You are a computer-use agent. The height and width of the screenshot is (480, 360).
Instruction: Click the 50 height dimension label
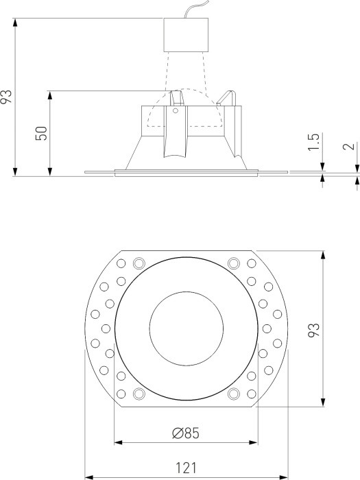pyautogui.click(x=42, y=133)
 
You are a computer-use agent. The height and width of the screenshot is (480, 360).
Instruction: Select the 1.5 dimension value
pyautogui.click(x=314, y=142)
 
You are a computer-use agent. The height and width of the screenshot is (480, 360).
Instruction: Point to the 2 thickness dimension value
pyautogui.click(x=349, y=146)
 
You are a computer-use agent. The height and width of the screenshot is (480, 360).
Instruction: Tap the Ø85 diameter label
pyautogui.click(x=186, y=432)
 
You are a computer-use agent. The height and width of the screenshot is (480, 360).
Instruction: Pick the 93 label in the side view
pyautogui.click(x=7, y=97)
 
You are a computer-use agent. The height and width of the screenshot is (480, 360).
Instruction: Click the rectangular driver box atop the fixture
pyautogui.click(x=185, y=34)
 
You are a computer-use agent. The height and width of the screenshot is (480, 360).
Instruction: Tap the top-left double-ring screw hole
pyautogui.click(x=139, y=263)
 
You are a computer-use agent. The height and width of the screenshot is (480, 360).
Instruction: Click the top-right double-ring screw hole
pyautogui.click(x=232, y=263)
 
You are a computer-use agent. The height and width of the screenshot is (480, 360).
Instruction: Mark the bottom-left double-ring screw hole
pyautogui.click(x=139, y=394)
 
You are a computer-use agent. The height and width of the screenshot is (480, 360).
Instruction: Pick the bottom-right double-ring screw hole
pyautogui.click(x=232, y=394)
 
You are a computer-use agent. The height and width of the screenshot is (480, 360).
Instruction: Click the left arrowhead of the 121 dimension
pyautogui.click(x=87, y=476)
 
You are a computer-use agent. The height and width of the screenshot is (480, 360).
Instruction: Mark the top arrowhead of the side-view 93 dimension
pyautogui.click(x=15, y=23)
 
